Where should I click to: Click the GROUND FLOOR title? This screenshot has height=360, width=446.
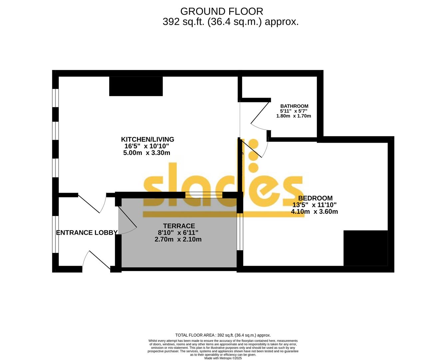point(222,11)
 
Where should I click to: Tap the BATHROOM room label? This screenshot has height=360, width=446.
point(294,106)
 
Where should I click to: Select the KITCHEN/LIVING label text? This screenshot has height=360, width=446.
point(147,139)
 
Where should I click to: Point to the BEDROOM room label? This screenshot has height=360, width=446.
point(315,198)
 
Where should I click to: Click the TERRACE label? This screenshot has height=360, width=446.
point(179,226)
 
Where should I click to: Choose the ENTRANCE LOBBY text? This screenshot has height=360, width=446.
point(87,233)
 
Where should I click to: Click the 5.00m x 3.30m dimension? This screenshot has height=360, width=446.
point(147,153)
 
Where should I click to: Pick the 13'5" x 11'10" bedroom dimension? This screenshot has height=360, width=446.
point(314,205)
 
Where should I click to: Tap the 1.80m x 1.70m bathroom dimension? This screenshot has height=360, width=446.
point(293,116)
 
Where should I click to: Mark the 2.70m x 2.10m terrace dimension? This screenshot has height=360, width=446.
point(178,239)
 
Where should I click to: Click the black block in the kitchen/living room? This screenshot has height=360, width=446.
point(136,86)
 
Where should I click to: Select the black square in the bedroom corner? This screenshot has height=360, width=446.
point(365,248)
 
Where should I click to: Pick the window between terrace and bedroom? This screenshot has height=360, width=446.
point(239,232)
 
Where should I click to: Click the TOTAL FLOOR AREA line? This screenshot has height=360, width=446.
point(223,335)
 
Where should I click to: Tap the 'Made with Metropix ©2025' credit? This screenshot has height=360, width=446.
point(223,358)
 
